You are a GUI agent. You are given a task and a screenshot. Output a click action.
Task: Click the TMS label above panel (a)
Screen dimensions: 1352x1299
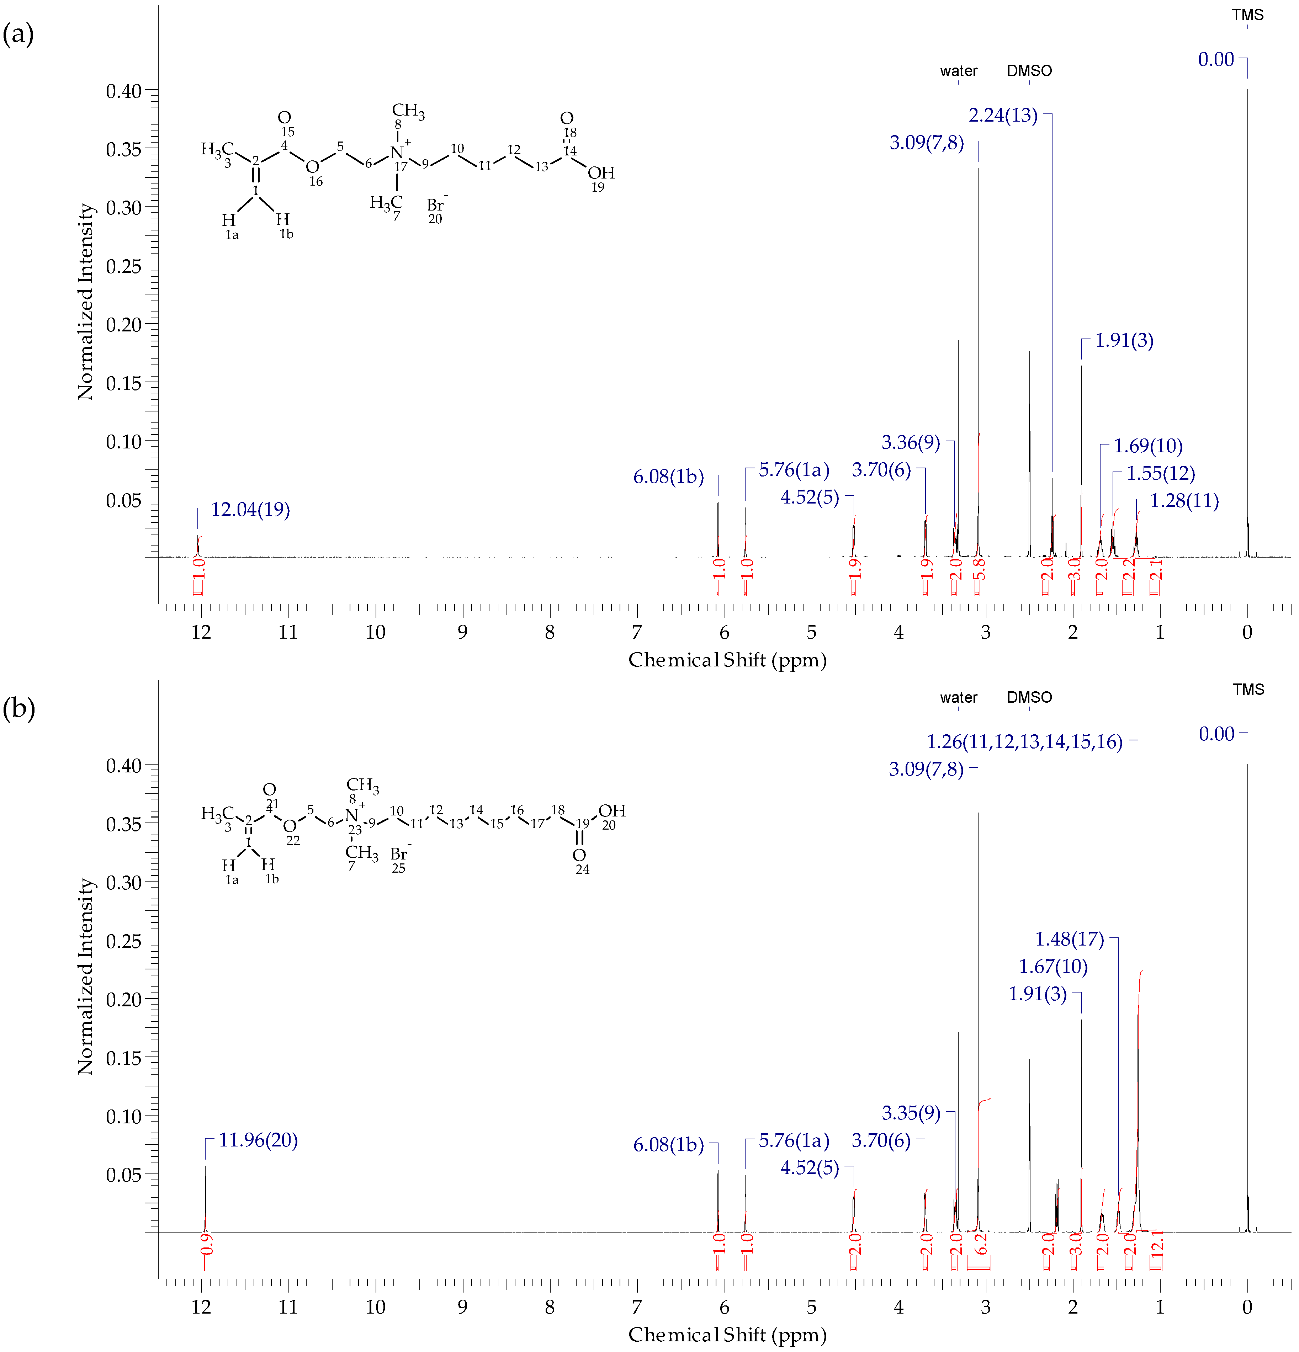1247,15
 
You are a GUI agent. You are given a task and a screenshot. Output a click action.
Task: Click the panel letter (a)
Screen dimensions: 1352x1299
18,33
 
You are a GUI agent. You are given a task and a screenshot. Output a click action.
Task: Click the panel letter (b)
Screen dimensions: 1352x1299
18,708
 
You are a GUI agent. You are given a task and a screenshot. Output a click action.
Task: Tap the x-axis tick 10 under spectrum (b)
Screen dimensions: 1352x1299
375,1306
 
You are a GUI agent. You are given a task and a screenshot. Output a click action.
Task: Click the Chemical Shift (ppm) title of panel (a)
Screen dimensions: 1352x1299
727,660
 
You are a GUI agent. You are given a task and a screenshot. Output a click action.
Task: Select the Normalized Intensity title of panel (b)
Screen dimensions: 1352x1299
85,976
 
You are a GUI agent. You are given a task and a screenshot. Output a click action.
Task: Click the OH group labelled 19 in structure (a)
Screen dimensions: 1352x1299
601,173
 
